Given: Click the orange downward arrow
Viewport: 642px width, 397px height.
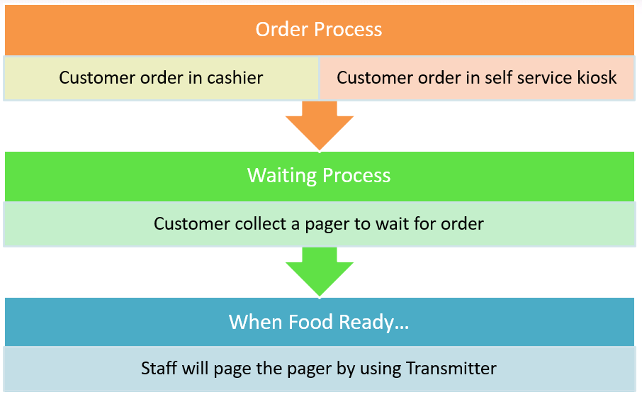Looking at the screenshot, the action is point(320,125).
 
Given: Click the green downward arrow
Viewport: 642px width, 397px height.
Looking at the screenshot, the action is point(320,272).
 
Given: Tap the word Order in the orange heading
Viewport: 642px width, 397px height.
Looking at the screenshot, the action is point(282,30).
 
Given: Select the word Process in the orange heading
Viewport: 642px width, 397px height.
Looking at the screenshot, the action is point(348,30).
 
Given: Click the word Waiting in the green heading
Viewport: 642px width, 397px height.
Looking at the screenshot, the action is point(282,176).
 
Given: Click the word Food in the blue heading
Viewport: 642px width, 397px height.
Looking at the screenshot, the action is point(310,322).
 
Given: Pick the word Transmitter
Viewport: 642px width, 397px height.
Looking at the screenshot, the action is point(451,368).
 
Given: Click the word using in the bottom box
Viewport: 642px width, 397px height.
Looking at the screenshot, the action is point(380,369).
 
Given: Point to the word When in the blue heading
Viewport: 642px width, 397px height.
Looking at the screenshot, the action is point(256,322).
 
